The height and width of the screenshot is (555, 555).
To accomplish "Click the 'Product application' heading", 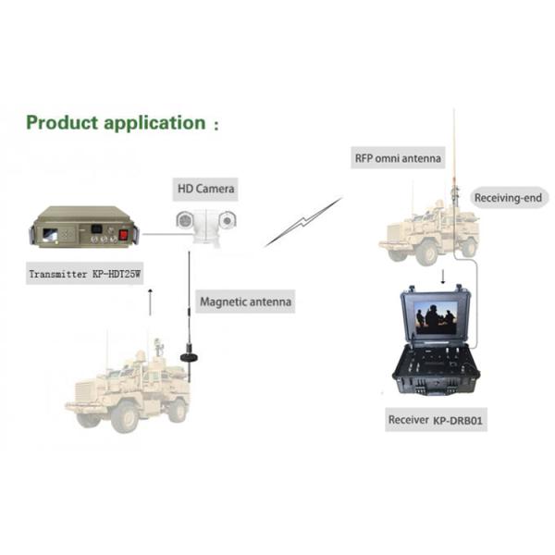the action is (116, 123).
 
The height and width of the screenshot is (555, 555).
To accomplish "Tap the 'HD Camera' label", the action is (205, 189).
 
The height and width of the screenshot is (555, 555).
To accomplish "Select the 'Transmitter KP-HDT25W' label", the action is (84, 274).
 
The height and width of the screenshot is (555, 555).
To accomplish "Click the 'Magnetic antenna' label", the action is (246, 302).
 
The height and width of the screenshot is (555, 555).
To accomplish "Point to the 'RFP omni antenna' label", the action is (398, 158).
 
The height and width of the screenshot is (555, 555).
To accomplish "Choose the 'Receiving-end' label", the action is (508, 198).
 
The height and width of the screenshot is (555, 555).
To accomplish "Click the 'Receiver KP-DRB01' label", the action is (436, 420).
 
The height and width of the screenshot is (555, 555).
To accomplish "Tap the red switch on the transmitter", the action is (123, 235).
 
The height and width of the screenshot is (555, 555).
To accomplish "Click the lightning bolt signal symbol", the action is (303, 222).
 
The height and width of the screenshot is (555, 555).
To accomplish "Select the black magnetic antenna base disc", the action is (189, 357).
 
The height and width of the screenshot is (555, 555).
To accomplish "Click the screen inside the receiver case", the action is (436, 318).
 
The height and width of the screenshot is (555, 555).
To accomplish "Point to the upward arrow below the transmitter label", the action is (150, 302).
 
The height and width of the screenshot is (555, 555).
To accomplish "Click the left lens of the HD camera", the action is (185, 220).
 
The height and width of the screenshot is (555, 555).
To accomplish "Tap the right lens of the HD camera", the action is (228, 220).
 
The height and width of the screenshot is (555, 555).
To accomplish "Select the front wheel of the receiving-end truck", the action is (427, 252).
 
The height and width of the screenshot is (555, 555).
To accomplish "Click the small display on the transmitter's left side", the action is (50, 235).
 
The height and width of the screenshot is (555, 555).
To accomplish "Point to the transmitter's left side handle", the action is (32, 235).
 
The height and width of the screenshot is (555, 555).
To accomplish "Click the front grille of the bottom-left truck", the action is (84, 391).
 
